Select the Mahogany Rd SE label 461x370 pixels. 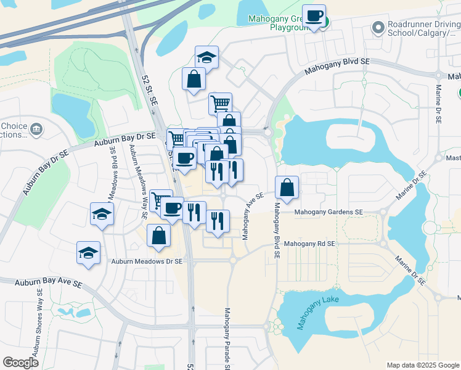coord(310,244)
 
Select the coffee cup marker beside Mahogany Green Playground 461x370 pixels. coord(314,16)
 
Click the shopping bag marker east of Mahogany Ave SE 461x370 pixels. coord(287,187)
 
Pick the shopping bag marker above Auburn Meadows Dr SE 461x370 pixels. coord(159,236)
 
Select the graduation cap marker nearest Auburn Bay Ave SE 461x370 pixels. coord(89,253)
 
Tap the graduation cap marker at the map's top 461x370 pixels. coord(207,57)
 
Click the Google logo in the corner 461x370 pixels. coord(20,362)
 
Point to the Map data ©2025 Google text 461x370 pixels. coord(422,365)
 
